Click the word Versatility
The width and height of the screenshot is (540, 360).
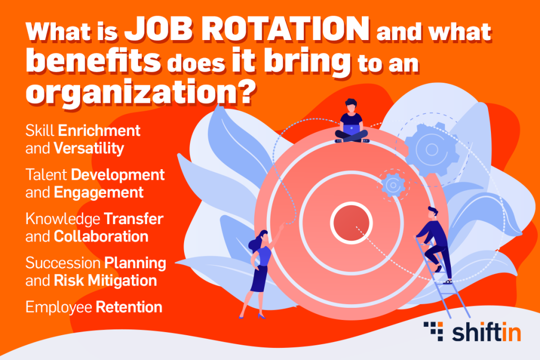tap(89, 149)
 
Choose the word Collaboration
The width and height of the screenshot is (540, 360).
tap(101, 237)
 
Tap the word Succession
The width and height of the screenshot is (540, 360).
tap(63, 263)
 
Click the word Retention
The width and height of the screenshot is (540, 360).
tap(129, 307)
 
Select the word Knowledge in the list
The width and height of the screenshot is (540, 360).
tap(63, 219)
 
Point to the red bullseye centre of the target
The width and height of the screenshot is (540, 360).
tap(351, 222)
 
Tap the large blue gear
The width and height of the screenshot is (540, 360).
tap(432, 149)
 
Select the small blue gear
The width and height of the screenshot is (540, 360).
tap(393, 185)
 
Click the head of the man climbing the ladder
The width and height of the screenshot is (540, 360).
tap(432, 212)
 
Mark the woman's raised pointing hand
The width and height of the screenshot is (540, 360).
tap(282, 226)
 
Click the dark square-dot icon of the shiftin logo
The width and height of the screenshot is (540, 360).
tap(433, 331)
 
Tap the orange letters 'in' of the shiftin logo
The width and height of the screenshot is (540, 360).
tap(511, 332)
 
